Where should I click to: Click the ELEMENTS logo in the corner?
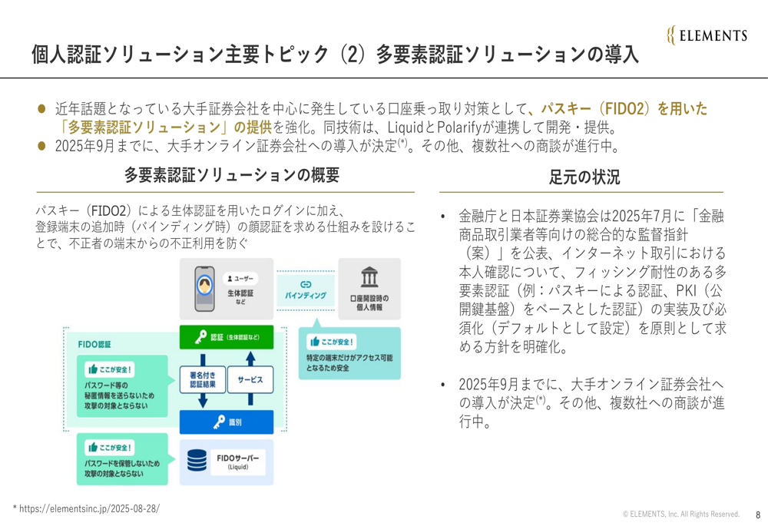coord(707,35)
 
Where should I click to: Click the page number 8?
coord(756,514)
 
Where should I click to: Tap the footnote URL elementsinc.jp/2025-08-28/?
coord(88,508)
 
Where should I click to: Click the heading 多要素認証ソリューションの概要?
coord(232,175)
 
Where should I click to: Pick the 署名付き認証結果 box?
coord(203,379)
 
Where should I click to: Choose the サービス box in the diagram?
coord(250,379)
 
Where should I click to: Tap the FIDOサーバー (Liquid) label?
coord(237,461)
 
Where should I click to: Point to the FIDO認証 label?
coord(94,344)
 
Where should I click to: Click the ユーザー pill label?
coord(240,278)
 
